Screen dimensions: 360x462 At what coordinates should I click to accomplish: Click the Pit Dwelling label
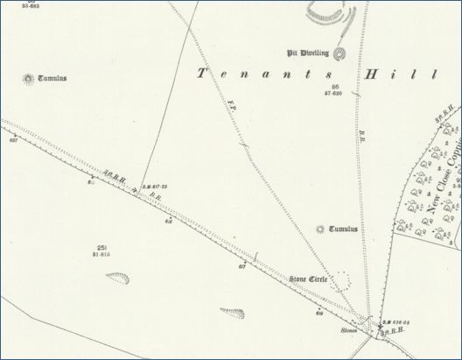(x=311, y=52)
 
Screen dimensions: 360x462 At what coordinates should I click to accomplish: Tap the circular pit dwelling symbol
(x=343, y=52)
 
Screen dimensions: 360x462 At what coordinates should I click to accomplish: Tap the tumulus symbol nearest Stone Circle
(x=320, y=229)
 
